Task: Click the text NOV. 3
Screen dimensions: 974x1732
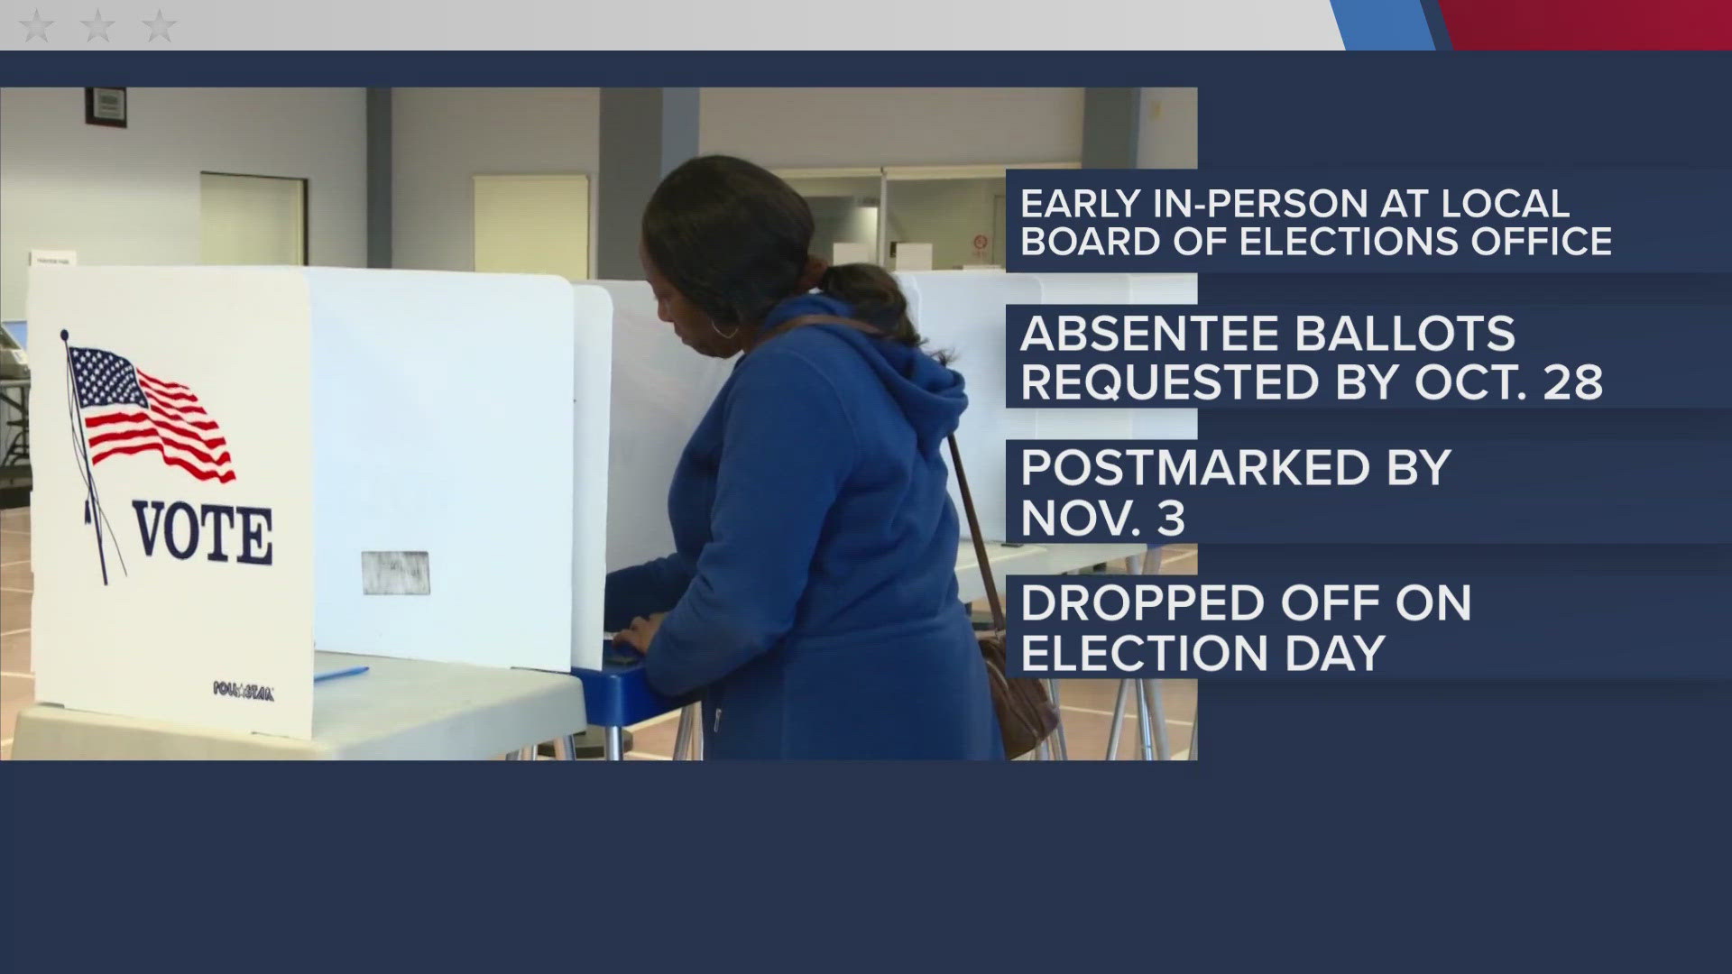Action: click(1102, 519)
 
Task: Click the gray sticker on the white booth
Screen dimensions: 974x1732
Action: click(395, 573)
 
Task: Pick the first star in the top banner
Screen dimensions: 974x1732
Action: click(36, 26)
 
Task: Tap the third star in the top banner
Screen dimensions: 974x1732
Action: click(159, 26)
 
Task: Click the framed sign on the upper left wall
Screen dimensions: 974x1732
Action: click(107, 105)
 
